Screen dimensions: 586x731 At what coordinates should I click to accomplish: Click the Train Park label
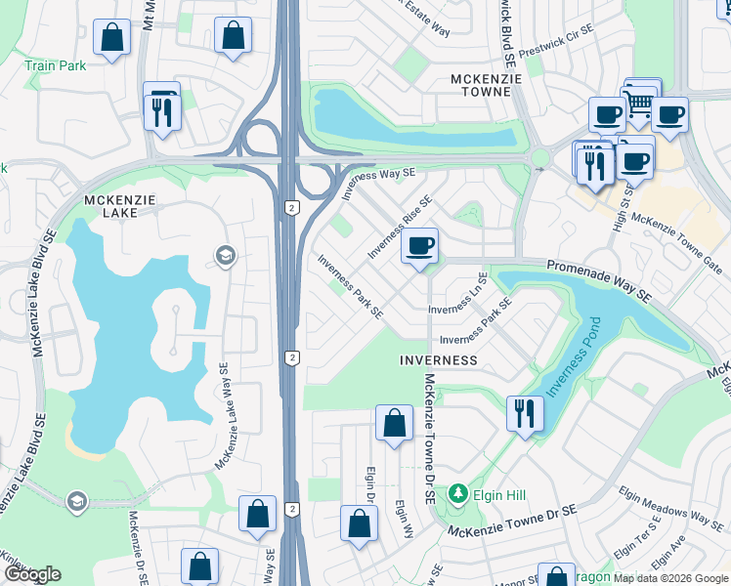pos(56,65)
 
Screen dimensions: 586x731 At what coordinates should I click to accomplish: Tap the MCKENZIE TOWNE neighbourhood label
pos(481,85)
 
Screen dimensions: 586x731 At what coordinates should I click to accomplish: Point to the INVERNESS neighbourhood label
pos(439,360)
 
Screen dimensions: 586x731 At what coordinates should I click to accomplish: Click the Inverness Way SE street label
pos(378,183)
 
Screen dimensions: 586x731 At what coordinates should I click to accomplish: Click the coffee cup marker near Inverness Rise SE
pos(420,246)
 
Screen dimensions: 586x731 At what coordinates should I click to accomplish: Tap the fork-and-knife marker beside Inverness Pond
pos(525,414)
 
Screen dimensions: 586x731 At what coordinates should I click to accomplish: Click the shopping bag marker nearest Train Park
pos(112,39)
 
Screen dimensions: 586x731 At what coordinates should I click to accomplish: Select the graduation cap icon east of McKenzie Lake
pos(226,257)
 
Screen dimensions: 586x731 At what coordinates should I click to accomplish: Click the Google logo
pos(32,574)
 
